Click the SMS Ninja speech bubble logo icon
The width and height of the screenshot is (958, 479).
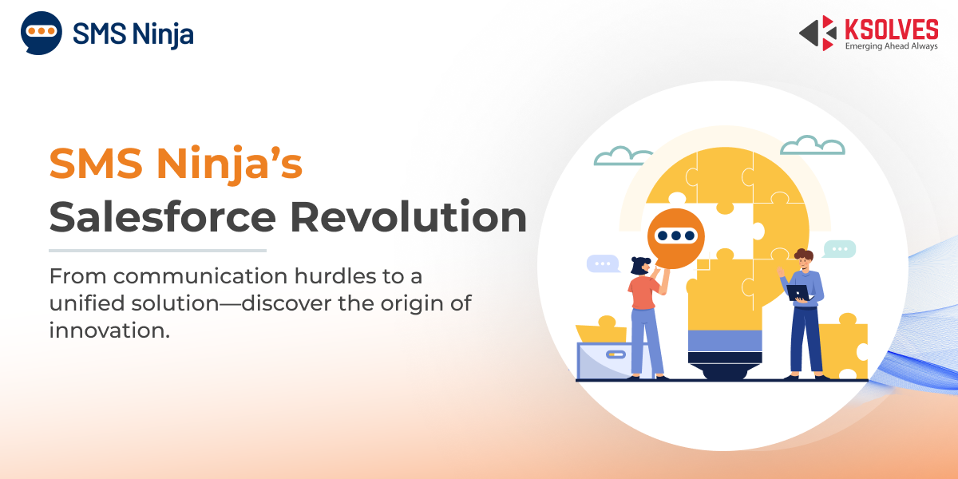[41, 33]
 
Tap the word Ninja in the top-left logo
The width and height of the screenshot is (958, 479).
[163, 34]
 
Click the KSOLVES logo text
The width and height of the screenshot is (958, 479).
[891, 30]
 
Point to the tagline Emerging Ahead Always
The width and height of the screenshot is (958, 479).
[891, 46]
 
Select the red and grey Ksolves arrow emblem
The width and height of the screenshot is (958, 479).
[817, 33]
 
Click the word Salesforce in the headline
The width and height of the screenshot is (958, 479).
[163, 217]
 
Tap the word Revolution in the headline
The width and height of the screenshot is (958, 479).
[408, 217]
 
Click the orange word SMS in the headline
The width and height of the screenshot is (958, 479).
[96, 164]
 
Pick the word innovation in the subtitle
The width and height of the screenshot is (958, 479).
[109, 331]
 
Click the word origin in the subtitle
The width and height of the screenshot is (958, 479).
[412, 304]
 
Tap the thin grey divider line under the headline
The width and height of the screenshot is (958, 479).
[157, 251]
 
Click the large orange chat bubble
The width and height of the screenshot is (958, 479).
[675, 238]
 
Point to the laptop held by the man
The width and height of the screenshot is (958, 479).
[799, 293]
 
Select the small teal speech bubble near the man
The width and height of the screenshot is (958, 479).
[840, 249]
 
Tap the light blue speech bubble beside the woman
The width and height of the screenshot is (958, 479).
[603, 263]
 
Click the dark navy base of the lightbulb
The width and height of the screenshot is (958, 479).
[725, 366]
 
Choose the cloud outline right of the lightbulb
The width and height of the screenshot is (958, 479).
[813, 145]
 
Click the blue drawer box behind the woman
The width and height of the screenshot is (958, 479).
[604, 360]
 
